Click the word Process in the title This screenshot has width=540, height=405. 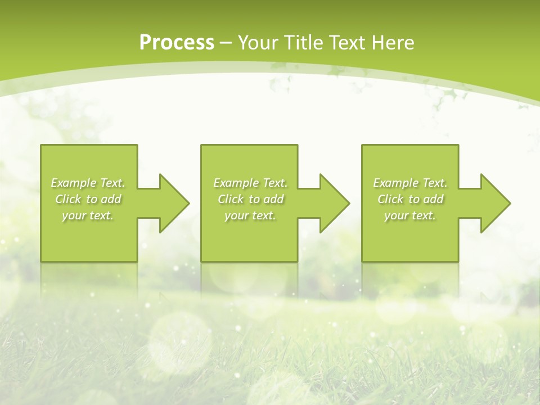pos(177,43)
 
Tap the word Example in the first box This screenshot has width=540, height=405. pos(73,183)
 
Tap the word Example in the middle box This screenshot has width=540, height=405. pos(236,183)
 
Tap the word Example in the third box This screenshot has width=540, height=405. pos(395,183)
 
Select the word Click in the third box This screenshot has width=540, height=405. pos(390,199)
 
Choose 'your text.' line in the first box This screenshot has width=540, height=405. pos(88,215)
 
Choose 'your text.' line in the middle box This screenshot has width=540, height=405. pos(250,215)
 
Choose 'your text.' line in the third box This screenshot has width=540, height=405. pos(410,215)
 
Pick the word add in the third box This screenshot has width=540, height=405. pos(434,199)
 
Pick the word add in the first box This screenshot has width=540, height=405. pos(111,199)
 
